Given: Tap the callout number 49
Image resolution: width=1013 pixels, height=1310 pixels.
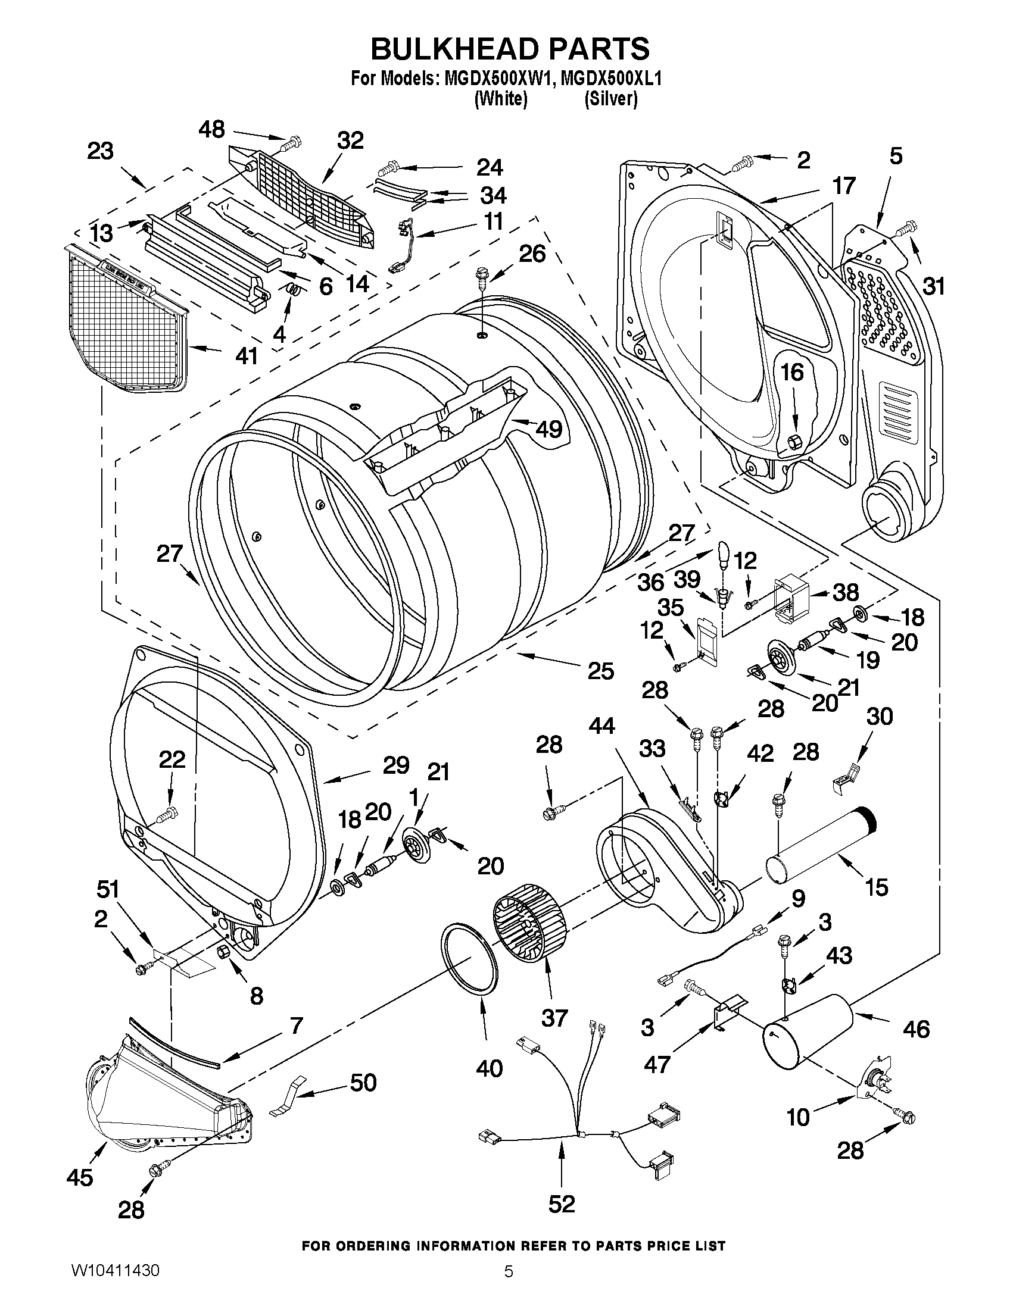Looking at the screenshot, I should point(548,429).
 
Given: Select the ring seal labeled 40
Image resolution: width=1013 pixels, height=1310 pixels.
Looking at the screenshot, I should point(471,959).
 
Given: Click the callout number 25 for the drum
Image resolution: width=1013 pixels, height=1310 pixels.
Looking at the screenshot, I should point(601,671).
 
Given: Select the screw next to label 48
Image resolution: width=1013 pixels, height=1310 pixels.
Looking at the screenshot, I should point(291,143).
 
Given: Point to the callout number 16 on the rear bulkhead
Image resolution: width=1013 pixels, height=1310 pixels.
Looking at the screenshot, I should point(792,372).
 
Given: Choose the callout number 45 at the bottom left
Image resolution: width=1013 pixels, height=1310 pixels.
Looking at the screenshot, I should point(80,1177).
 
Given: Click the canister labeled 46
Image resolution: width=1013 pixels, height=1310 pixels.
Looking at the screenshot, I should point(807,1031).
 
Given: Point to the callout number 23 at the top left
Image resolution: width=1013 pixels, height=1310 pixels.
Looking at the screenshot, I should point(100,151).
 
